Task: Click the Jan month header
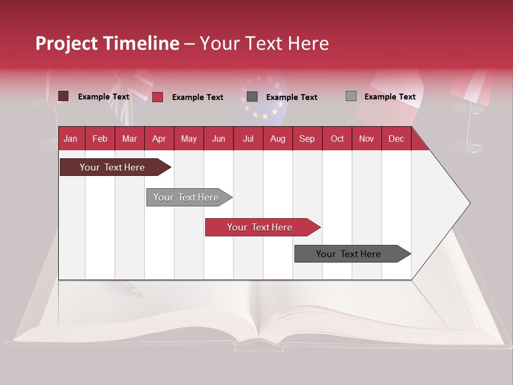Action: coord(71,138)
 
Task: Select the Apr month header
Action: coord(159,138)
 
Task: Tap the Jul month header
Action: coord(248,138)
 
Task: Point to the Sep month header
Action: coord(307,138)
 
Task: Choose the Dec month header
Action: coord(396,138)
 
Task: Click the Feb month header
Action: coord(100,138)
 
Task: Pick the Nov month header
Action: coord(366,138)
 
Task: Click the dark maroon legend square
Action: coord(64,96)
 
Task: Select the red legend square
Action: coord(158,97)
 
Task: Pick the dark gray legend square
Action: coord(252,97)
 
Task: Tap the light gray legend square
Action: coord(351,96)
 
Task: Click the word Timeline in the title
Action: coord(141,43)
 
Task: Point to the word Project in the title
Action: coord(66,43)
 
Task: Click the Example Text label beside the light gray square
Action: coord(390,97)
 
